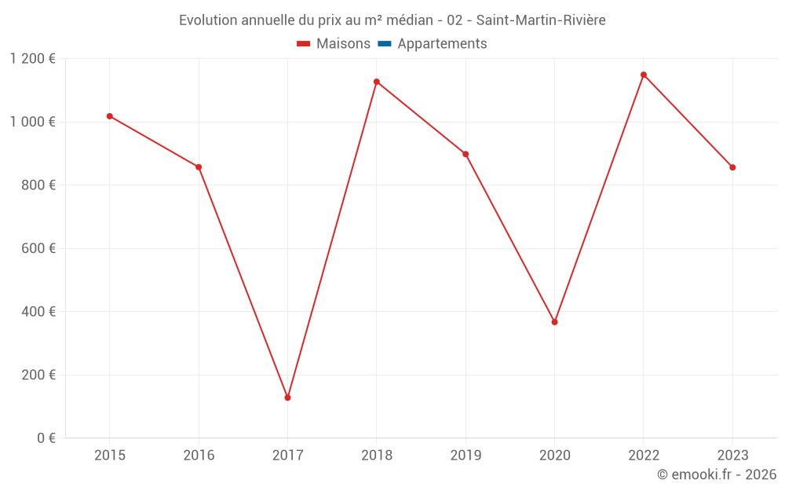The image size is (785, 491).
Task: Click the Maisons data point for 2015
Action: [110, 116]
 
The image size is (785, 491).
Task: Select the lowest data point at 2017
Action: [287, 398]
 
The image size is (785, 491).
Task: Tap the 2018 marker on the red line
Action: [377, 82]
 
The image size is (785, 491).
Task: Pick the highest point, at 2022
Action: [644, 75]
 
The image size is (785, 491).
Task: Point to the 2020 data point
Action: [554, 322]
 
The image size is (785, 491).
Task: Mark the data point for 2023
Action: [732, 167]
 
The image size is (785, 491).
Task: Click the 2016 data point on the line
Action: [199, 167]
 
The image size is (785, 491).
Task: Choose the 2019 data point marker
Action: [466, 154]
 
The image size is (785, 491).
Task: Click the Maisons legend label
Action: [343, 44]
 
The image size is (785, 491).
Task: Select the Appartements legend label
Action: [442, 44]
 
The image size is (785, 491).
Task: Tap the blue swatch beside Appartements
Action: [384, 44]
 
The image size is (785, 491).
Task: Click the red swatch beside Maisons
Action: [304, 44]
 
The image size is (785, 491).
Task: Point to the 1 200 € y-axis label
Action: [32, 59]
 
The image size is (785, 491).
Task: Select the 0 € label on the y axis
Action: [46, 438]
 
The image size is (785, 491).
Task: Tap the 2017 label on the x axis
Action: [287, 455]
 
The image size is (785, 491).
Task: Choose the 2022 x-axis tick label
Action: [644, 455]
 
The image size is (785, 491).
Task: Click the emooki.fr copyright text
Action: [716, 475]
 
